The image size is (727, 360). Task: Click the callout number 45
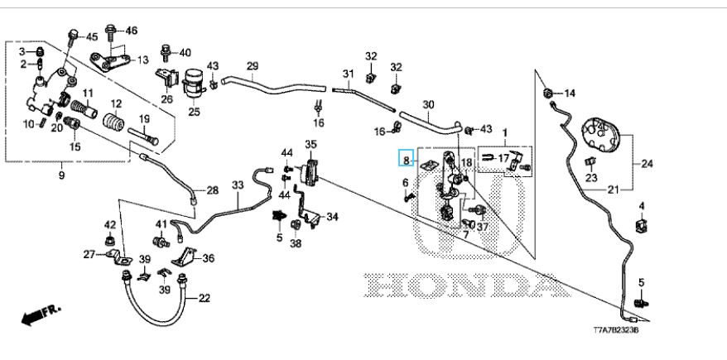tap(91, 37)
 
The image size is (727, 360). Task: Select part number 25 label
tap(194, 111)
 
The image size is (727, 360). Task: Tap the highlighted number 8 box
tap(406, 158)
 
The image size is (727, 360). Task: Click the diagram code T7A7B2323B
tap(615, 330)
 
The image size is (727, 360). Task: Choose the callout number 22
tap(205, 297)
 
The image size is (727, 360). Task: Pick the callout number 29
tap(253, 65)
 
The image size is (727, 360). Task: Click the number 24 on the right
tap(646, 162)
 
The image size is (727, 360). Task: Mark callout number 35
tap(311, 145)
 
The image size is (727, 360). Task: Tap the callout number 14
tap(569, 94)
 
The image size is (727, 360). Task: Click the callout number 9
tap(61, 175)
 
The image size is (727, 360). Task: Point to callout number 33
tap(238, 185)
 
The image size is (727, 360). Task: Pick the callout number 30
tap(427, 104)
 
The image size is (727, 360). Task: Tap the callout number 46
tap(130, 31)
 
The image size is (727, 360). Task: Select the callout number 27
tap(89, 255)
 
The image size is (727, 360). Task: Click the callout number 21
tap(613, 190)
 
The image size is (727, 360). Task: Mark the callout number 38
tap(296, 244)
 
